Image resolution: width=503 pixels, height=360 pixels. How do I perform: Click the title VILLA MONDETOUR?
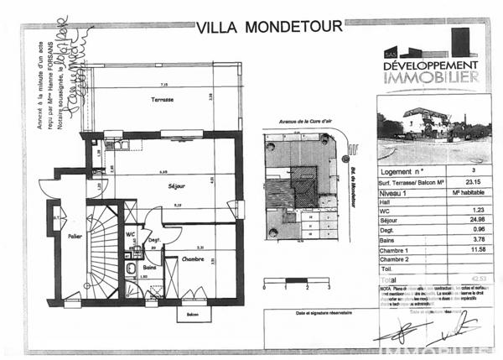point(269,26)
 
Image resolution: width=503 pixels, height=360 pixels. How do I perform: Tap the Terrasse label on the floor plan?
point(163,100)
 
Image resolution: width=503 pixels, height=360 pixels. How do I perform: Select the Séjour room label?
point(176,185)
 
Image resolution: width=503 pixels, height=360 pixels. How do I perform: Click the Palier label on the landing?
point(75,237)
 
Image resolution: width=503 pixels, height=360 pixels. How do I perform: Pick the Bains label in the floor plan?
point(148,267)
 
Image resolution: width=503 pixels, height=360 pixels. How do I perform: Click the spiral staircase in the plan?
point(104,252)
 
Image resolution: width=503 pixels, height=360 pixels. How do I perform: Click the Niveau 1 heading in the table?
point(395,192)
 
